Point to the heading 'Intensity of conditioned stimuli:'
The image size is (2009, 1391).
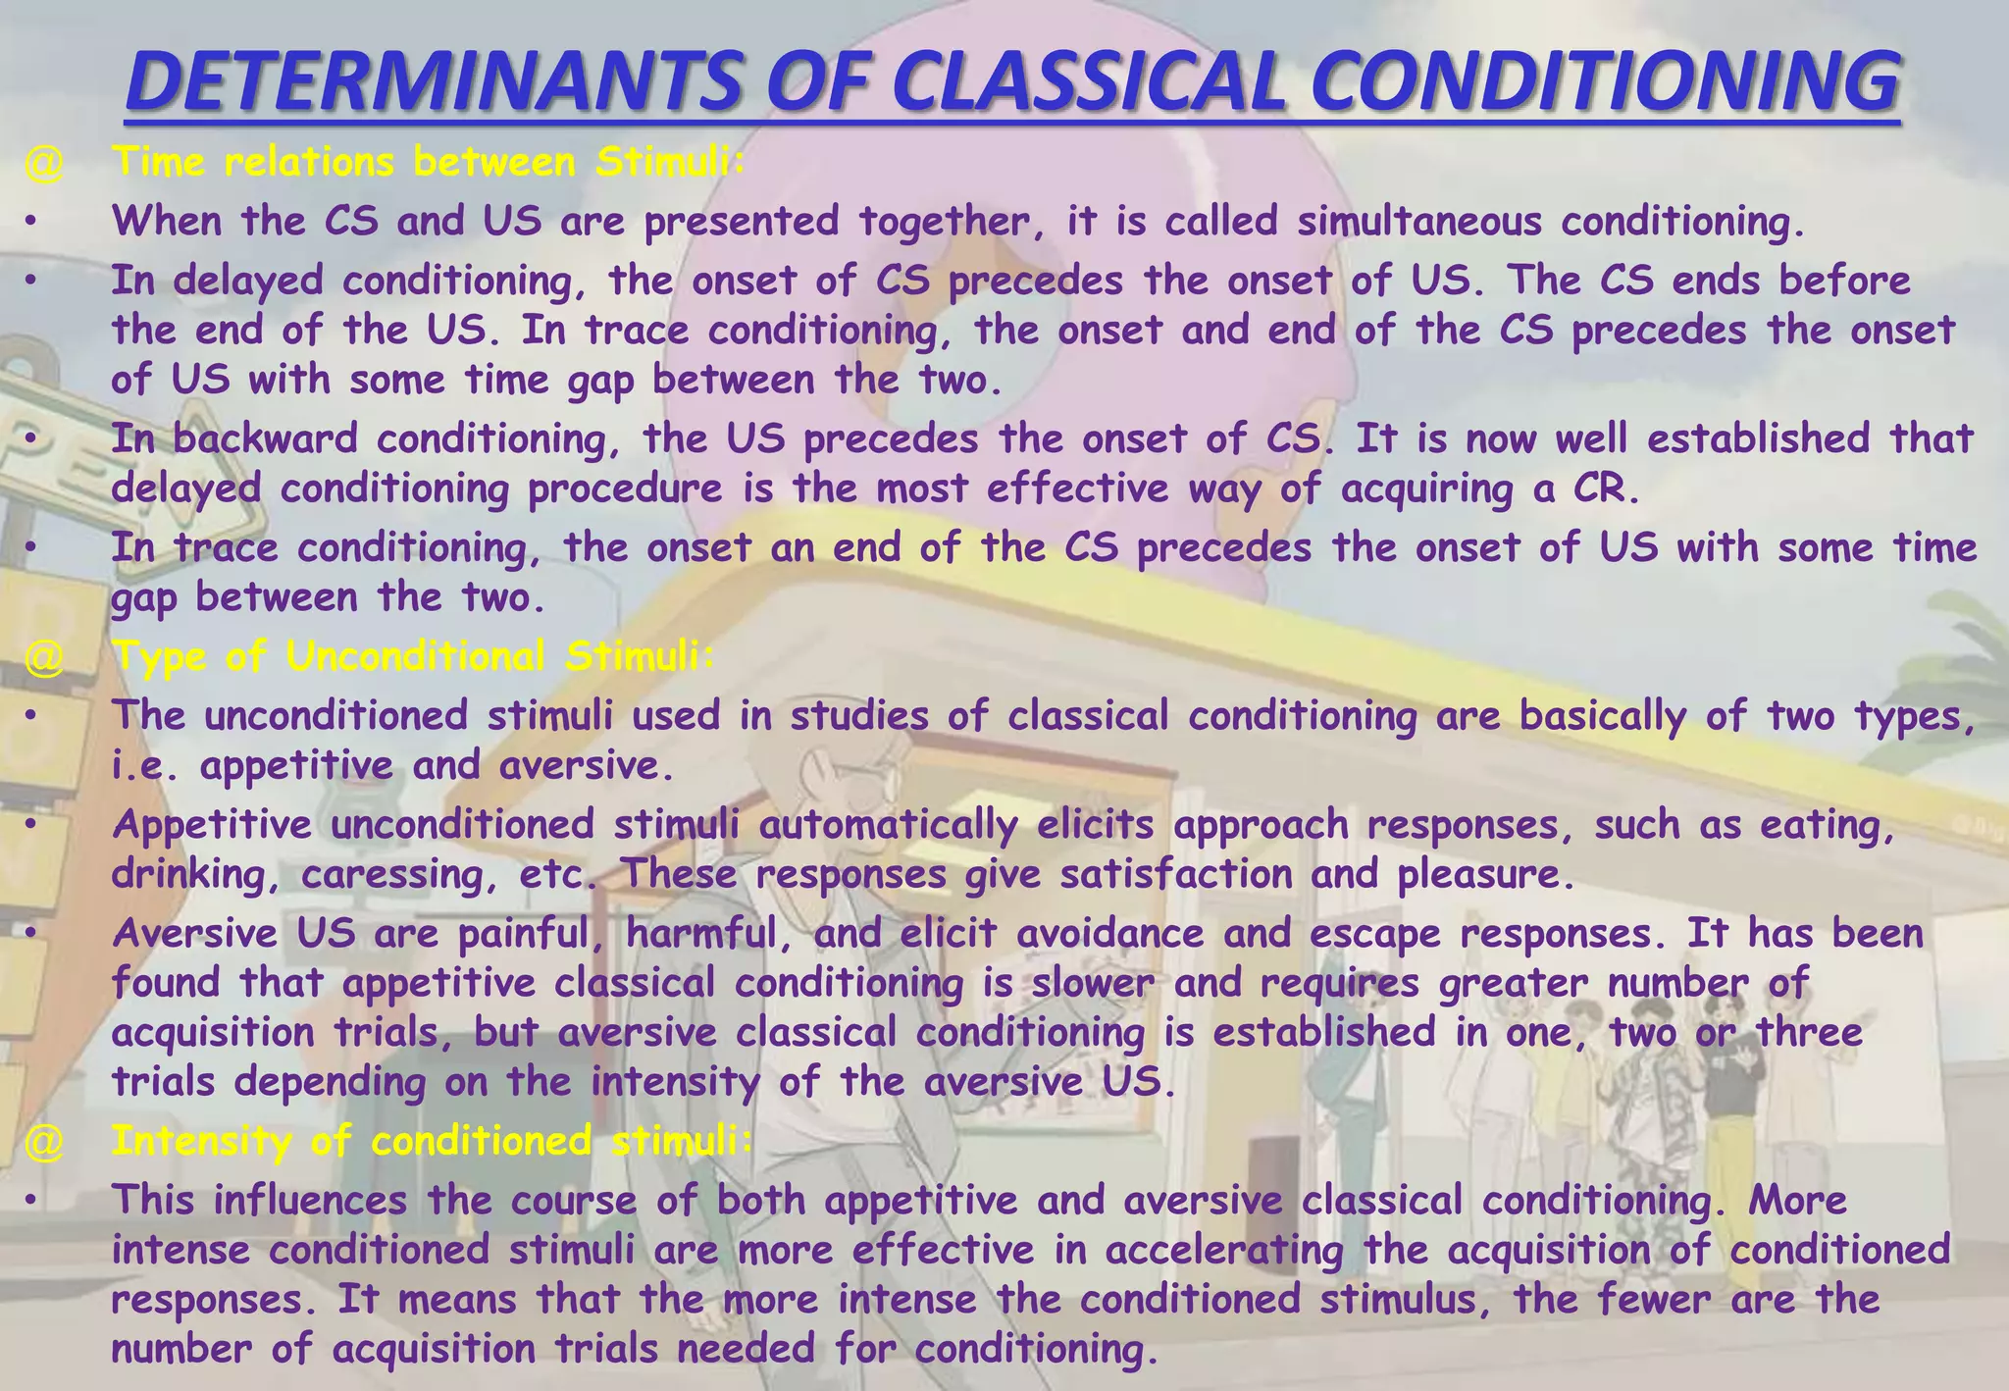(x=433, y=1141)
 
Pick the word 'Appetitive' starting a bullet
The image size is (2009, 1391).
(x=212, y=825)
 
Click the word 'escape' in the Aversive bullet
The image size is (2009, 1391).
(x=1374, y=933)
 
